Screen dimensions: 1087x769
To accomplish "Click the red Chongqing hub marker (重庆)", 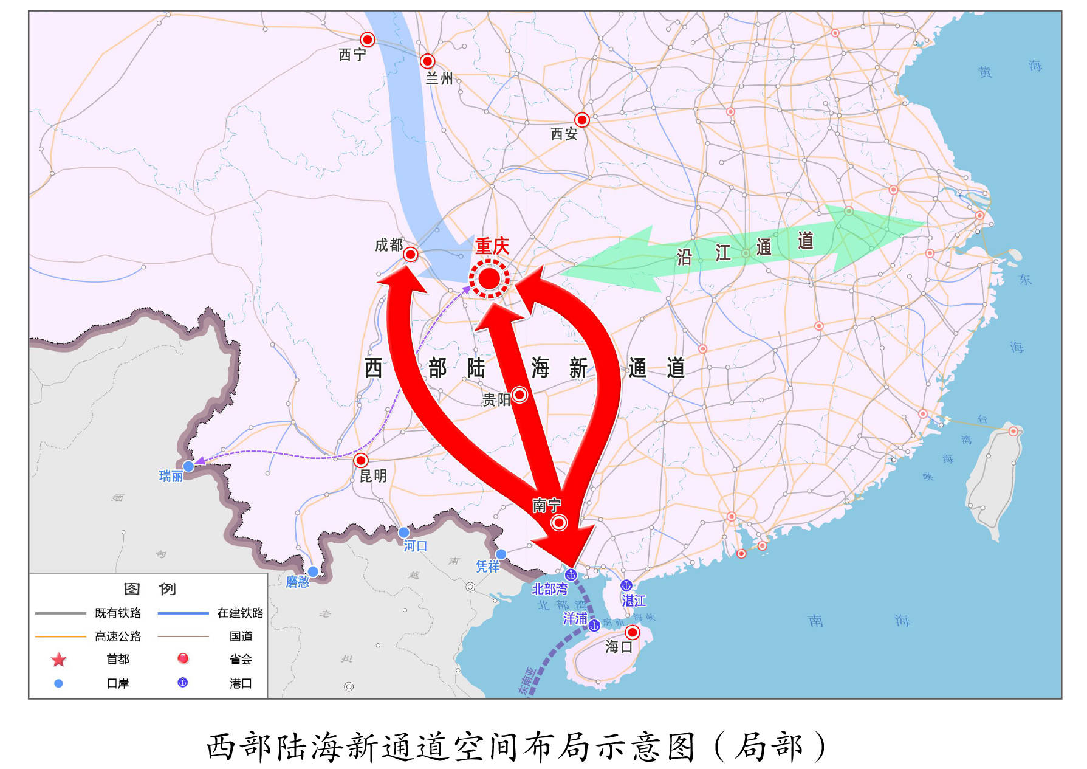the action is tap(489, 278).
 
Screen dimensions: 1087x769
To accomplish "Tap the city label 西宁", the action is tap(352, 55).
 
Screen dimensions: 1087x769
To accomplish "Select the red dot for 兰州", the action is tap(428, 61).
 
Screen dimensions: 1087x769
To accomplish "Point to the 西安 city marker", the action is tap(582, 120).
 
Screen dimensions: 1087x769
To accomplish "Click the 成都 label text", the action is tap(389, 245).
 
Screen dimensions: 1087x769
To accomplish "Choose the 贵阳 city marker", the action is tap(519, 395).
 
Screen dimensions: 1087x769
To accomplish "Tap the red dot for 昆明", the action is tap(361, 460).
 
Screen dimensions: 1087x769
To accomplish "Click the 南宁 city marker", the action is tap(559, 522).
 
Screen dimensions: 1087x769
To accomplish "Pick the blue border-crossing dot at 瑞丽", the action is tap(189, 466).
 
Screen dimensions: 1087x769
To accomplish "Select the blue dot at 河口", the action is tap(403, 533).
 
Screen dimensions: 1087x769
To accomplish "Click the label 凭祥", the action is tap(487, 567).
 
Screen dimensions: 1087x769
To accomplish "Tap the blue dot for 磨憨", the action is tap(313, 571).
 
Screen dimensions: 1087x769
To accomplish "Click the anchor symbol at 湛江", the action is tap(626, 585).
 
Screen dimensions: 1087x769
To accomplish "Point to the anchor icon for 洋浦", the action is tap(594, 625).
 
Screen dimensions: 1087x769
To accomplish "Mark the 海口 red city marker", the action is tap(633, 633).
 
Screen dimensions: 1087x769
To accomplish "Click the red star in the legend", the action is tap(59, 660).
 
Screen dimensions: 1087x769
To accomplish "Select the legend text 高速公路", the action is tap(118, 636).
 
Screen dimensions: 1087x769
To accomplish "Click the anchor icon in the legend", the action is tap(182, 683).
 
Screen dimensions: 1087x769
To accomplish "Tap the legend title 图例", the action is tap(149, 589).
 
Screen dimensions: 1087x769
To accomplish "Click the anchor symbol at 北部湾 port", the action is tap(571, 574).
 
